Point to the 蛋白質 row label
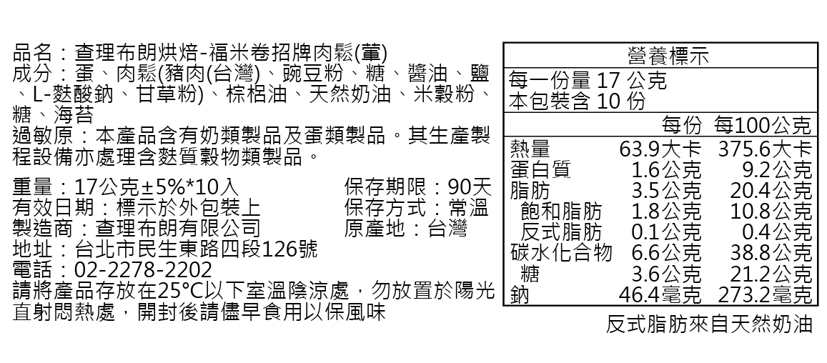(540, 170)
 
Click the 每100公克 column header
(761, 126)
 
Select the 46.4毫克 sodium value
(660, 294)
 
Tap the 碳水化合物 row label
(562, 253)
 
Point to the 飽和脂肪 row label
(562, 212)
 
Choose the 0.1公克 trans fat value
(666, 232)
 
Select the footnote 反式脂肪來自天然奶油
(709, 324)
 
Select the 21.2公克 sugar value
(771, 274)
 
